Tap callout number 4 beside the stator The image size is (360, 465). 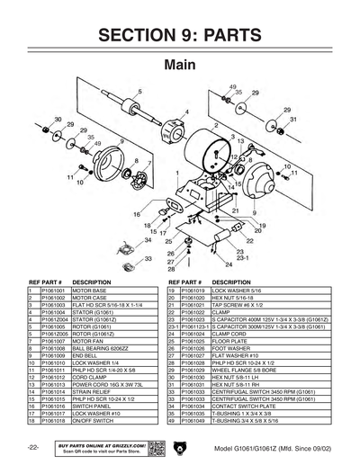[x=185, y=112]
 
